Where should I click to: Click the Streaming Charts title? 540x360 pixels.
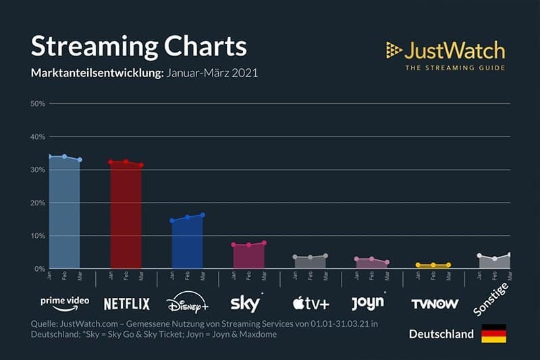click(139, 46)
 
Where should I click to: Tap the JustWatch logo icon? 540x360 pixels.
click(394, 49)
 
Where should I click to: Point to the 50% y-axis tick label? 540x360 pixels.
click(38, 103)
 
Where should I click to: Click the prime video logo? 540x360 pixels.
click(65, 303)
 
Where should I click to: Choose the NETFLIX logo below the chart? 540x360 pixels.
click(126, 303)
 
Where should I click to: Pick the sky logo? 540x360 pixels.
click(247, 303)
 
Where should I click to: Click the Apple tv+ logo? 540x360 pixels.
click(310, 303)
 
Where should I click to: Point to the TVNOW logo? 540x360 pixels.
click(434, 304)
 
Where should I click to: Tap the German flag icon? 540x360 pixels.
click(493, 334)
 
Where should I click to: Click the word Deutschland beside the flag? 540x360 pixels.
click(441, 334)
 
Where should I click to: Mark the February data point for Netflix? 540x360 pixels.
click(126, 161)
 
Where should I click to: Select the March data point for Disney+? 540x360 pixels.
click(202, 215)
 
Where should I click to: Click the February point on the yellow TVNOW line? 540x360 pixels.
click(433, 265)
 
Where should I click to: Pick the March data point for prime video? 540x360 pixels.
click(80, 160)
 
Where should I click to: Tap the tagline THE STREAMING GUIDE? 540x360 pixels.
click(454, 68)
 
